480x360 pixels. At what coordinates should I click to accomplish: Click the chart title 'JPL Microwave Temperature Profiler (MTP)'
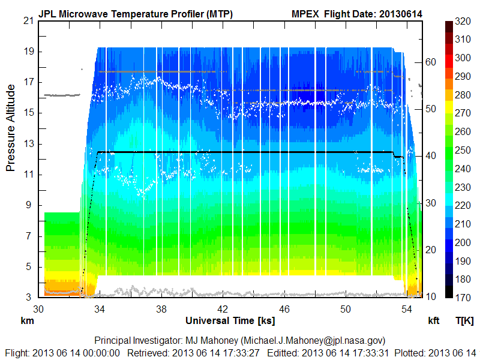[136, 13]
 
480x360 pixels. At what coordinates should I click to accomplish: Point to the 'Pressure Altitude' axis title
[11, 128]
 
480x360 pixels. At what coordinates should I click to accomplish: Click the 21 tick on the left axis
[28, 21]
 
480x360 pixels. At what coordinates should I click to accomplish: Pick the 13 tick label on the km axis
[28, 144]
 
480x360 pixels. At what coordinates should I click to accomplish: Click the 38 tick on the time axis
[161, 309]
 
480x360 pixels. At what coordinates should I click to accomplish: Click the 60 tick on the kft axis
[431, 61]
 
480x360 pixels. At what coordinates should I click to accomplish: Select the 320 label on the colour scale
[463, 22]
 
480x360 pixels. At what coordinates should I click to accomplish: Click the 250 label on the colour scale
[463, 151]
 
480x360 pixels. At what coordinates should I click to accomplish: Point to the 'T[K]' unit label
[464, 320]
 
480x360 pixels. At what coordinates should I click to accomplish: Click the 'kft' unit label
[433, 320]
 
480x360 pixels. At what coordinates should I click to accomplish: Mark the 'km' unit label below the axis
[27, 320]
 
